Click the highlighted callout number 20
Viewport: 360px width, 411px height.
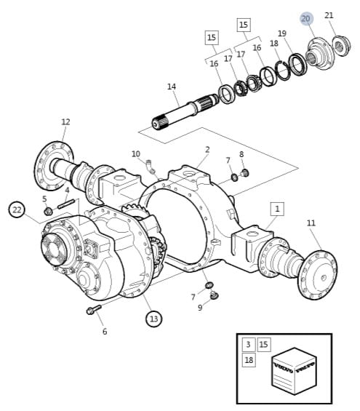[x=305, y=18]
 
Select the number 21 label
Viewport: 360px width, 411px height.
[x=329, y=15]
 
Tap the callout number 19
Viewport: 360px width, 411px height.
[x=282, y=33]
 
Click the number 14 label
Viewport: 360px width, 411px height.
[x=172, y=87]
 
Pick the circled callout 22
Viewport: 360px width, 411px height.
[x=17, y=210]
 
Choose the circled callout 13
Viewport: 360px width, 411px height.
[x=153, y=318]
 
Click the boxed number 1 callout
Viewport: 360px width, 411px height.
[x=277, y=208]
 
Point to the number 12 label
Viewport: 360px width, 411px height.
[x=65, y=122]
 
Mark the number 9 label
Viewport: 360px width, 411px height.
[x=200, y=308]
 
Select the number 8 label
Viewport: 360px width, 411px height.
[x=241, y=154]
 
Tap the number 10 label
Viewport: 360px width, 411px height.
[x=135, y=154]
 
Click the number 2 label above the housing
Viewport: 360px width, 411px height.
[x=207, y=150]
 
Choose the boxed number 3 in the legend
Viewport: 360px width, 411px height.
[x=248, y=344]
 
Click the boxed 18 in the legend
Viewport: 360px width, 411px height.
[x=248, y=360]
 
